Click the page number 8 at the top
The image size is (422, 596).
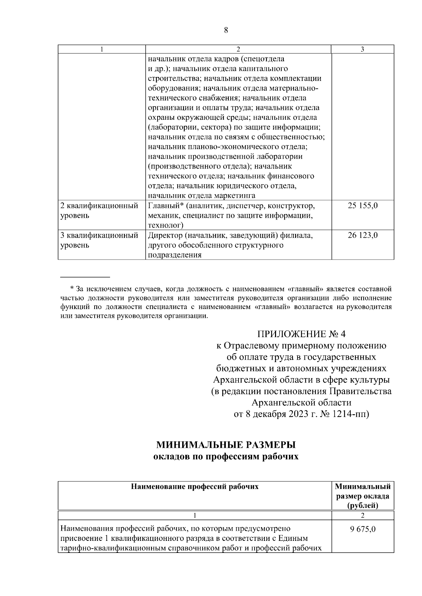click(226, 31)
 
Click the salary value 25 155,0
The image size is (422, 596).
click(363, 206)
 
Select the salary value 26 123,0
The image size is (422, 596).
click(363, 235)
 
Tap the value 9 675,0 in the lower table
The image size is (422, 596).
click(363, 529)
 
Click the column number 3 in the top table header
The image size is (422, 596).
click(363, 50)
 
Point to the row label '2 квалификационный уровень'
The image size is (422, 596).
click(99, 210)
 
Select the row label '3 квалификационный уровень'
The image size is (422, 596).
click(99, 240)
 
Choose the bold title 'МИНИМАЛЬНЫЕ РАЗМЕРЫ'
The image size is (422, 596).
click(226, 445)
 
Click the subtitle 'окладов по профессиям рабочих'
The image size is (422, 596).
click(226, 457)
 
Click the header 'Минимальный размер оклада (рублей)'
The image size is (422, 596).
click(363, 496)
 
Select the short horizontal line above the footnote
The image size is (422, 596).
click(85, 277)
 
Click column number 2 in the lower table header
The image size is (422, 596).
click(363, 515)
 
